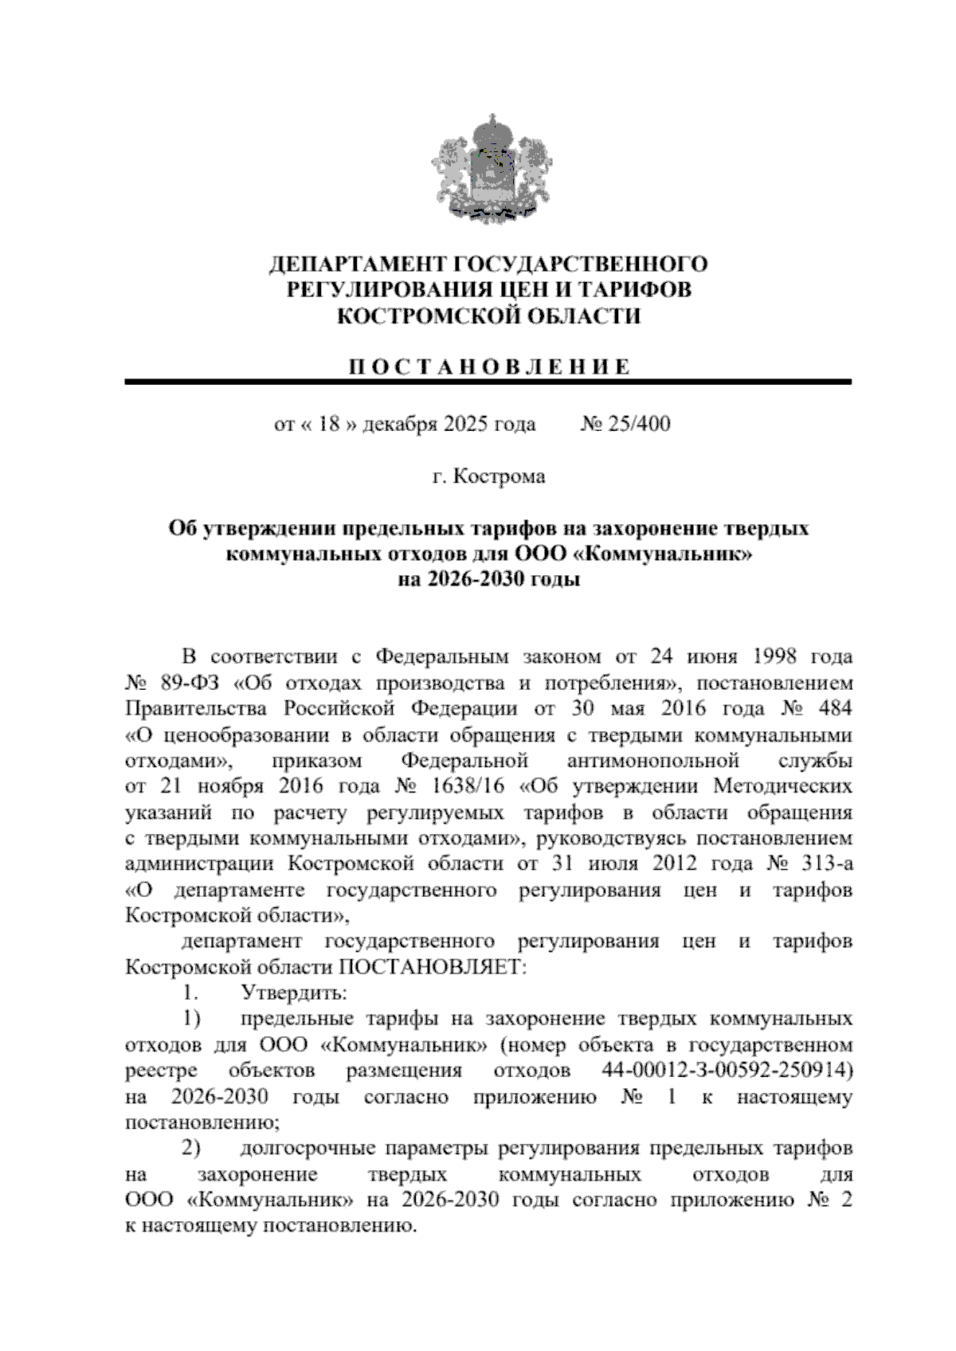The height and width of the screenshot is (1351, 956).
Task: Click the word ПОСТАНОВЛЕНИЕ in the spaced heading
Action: tap(488, 367)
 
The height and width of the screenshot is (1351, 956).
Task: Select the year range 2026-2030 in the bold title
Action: tap(458, 579)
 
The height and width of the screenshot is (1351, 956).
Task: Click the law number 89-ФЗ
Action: tap(188, 683)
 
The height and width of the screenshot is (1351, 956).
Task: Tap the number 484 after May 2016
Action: tap(829, 708)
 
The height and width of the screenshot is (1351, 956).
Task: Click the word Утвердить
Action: tap(293, 993)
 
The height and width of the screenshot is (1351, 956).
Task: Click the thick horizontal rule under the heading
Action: tap(488, 383)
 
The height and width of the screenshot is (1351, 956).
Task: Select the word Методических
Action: tap(782, 786)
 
